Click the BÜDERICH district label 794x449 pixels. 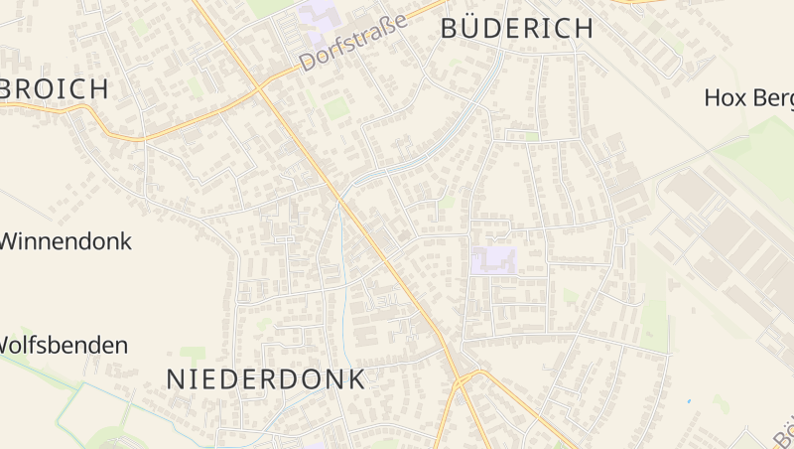(x=516, y=28)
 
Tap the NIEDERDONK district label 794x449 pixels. (x=265, y=378)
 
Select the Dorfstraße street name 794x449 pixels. (x=353, y=43)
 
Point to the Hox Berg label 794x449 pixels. (x=748, y=97)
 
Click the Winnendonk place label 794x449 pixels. (x=66, y=240)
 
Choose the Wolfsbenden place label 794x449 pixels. (x=64, y=345)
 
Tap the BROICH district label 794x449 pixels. (x=55, y=88)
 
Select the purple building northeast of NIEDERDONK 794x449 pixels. (x=494, y=260)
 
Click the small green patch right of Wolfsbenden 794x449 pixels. (x=193, y=353)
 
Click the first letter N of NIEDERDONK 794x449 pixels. (x=175, y=378)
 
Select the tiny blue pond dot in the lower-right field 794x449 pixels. (x=689, y=401)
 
